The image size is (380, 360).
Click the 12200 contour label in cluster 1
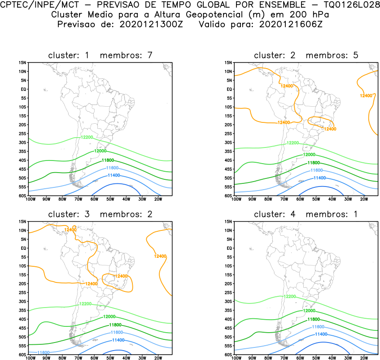pyautogui.click(x=87, y=137)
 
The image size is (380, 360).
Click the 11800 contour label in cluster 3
pyautogui.click(x=115, y=325)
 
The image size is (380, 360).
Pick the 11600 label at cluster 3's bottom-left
pyautogui.click(x=44, y=353)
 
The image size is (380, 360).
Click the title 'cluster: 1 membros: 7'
pyautogui.click(x=100, y=56)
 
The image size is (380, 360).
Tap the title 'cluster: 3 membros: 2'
pyautogui.click(x=100, y=214)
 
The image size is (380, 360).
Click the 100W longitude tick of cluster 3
pyautogui.click(x=31, y=358)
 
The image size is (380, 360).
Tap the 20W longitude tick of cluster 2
pyautogui.click(x=364, y=199)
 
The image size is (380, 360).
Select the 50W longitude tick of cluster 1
pyautogui.click(x=110, y=199)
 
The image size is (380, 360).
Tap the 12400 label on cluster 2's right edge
pyautogui.click(x=366, y=95)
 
